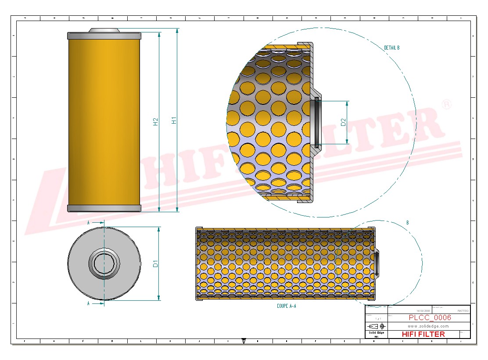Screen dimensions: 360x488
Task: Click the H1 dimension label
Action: (x=174, y=120)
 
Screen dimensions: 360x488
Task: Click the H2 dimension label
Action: (x=156, y=122)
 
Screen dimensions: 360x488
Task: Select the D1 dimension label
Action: (x=155, y=264)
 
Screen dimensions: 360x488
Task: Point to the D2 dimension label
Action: (x=344, y=122)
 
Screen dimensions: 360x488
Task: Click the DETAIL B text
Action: (x=391, y=48)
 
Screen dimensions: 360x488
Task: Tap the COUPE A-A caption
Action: (x=286, y=306)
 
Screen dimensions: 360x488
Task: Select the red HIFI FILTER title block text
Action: (x=423, y=334)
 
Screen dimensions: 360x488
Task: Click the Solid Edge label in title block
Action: (x=376, y=333)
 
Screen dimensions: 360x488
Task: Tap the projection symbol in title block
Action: (x=377, y=326)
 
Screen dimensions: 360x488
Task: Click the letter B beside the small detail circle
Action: (x=407, y=223)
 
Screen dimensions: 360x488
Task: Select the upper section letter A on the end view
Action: (x=89, y=223)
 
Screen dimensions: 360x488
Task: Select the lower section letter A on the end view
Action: (x=89, y=303)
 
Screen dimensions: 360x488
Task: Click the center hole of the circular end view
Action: (x=104, y=264)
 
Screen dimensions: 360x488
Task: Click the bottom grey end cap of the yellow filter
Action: (x=104, y=208)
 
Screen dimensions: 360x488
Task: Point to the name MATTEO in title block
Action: (x=463, y=310)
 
